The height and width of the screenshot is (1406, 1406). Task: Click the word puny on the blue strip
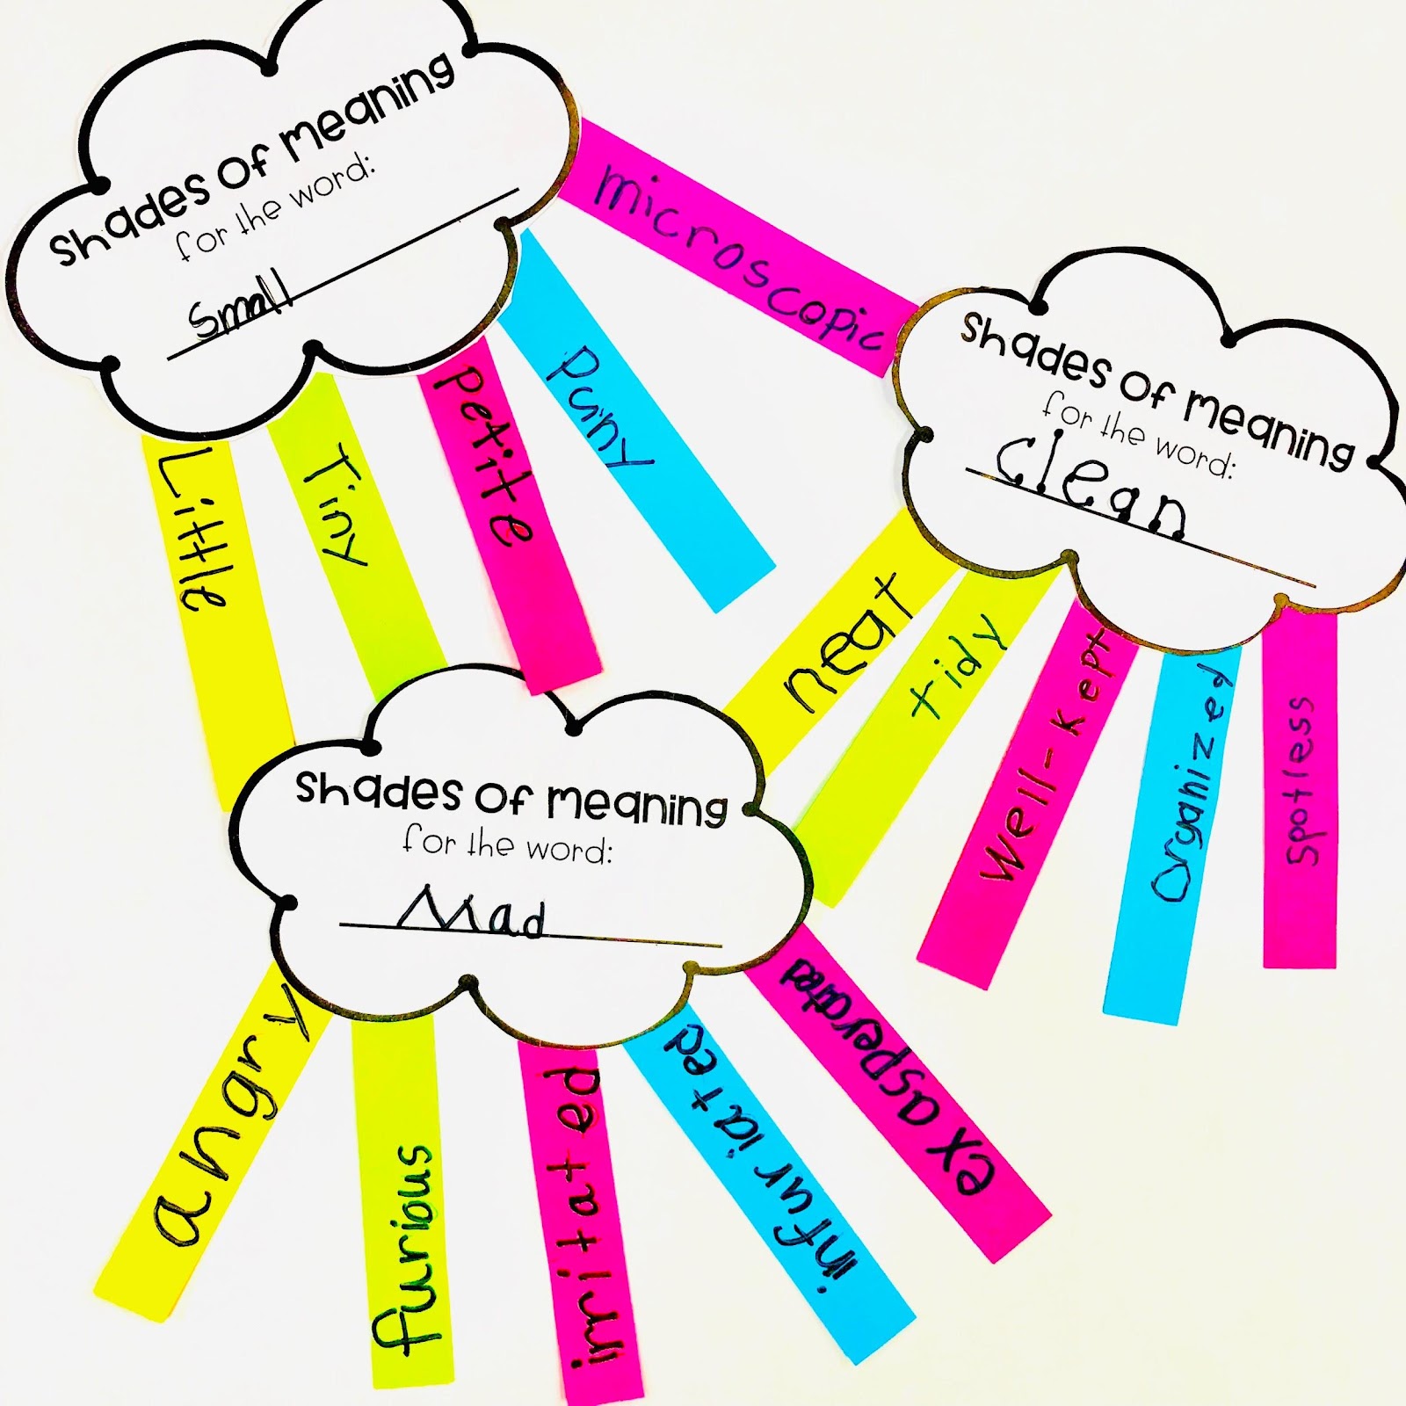pyautogui.click(x=598, y=405)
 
